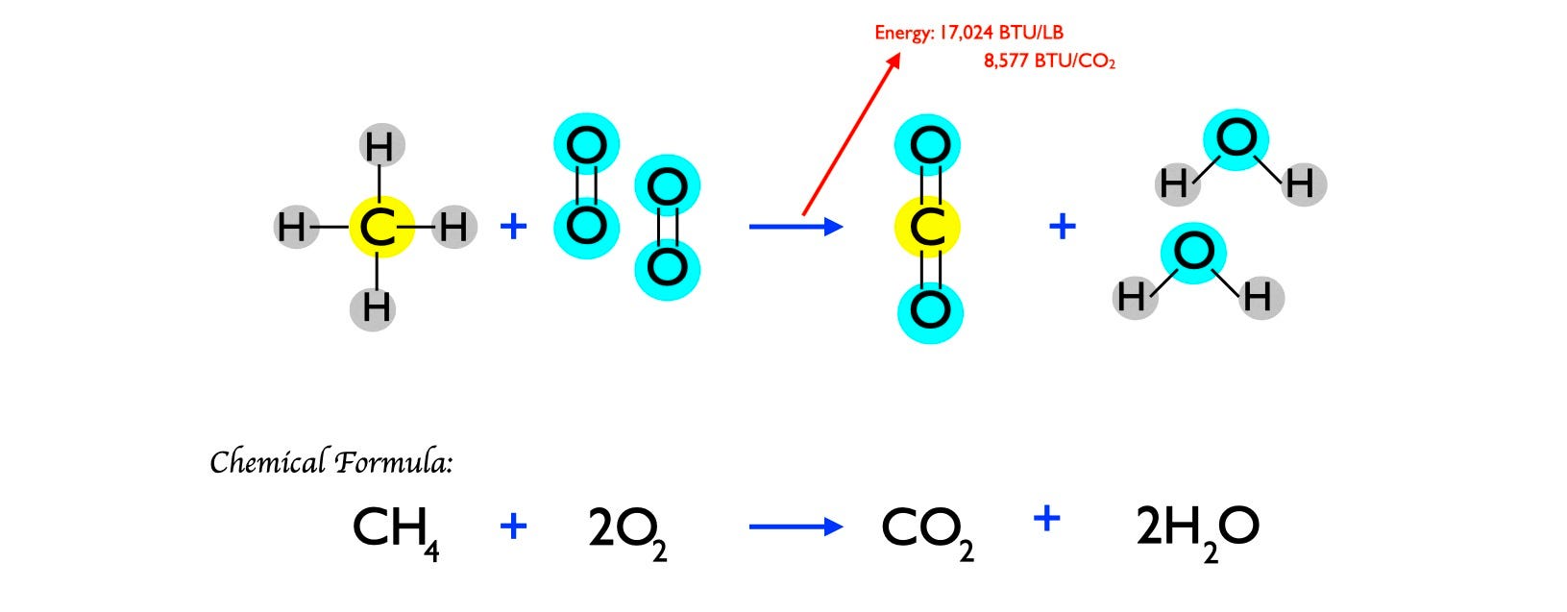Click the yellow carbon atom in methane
click(x=380, y=228)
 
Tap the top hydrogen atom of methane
click(x=381, y=147)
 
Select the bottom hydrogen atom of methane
click(x=376, y=308)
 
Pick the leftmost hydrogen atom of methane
click(x=291, y=228)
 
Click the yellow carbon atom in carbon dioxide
click(x=927, y=228)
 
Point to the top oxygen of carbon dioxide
click(x=928, y=146)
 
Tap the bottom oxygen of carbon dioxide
click(x=930, y=310)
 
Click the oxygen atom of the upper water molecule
click(x=1236, y=139)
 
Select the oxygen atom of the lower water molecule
click(x=1194, y=253)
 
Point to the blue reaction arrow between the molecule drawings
click(x=796, y=227)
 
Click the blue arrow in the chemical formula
click(x=796, y=526)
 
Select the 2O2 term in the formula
click(x=626, y=529)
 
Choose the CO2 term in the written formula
click(x=926, y=529)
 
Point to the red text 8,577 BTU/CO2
click(x=1048, y=61)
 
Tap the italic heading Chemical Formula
click(x=331, y=462)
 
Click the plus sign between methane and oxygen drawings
click(x=514, y=227)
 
